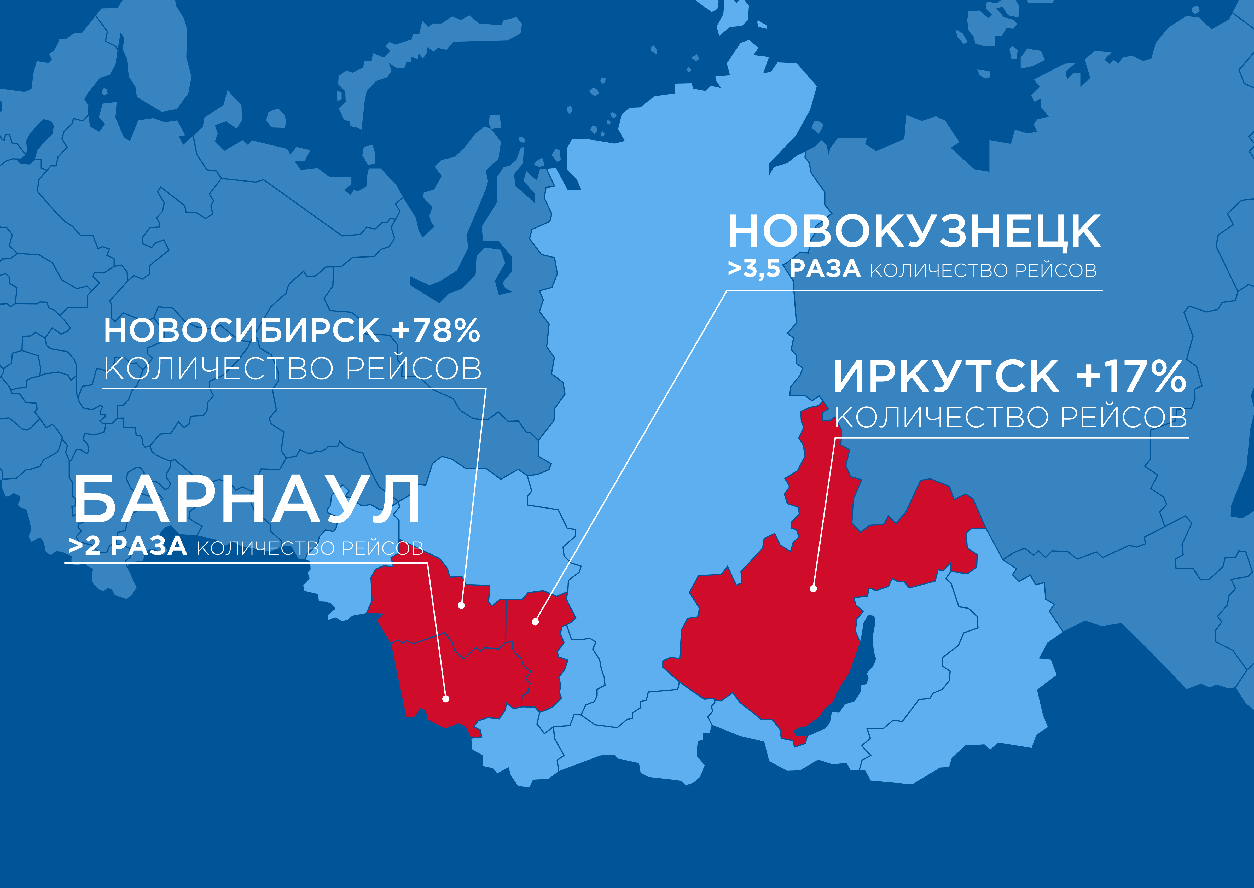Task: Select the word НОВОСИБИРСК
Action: [x=241, y=331]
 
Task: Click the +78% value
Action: [x=436, y=331]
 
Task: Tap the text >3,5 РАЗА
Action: [x=793, y=270]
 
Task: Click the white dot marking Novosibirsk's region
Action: [x=461, y=605]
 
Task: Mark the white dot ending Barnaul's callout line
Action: [x=446, y=699]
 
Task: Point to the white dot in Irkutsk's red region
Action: [x=813, y=589]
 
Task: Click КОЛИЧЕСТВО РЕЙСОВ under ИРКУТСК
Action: [x=1011, y=418]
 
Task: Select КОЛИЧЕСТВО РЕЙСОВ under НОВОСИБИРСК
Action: [x=293, y=369]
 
